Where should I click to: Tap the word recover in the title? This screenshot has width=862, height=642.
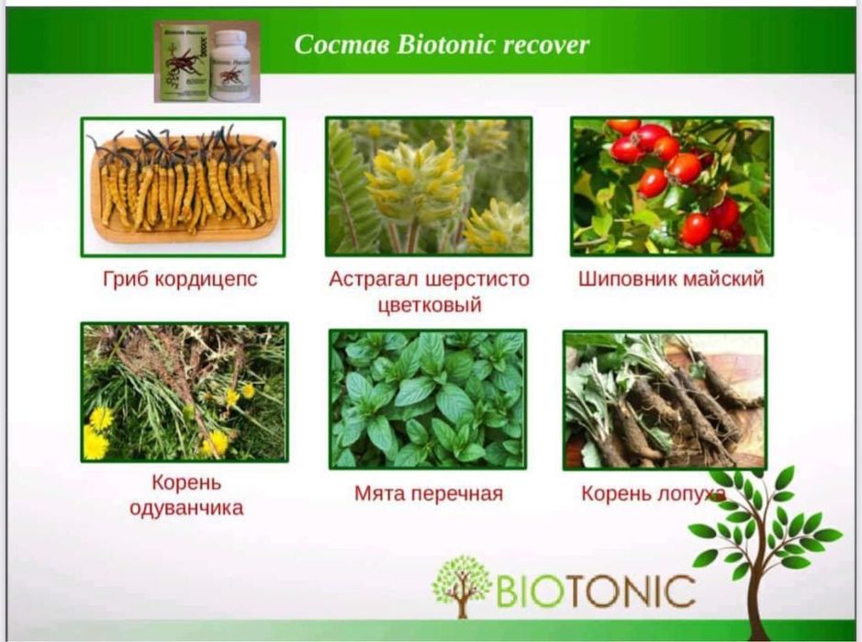tap(543, 45)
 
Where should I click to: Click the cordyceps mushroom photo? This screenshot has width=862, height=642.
tap(183, 186)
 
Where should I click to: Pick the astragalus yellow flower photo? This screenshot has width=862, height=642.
tap(429, 186)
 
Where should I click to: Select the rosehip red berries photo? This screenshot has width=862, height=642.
tap(672, 186)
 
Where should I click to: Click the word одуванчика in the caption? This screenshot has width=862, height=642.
tap(186, 507)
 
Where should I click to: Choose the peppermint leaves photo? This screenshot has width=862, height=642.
tap(428, 400)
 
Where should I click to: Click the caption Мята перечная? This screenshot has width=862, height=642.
tap(429, 494)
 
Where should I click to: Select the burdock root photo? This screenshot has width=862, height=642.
tap(665, 400)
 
